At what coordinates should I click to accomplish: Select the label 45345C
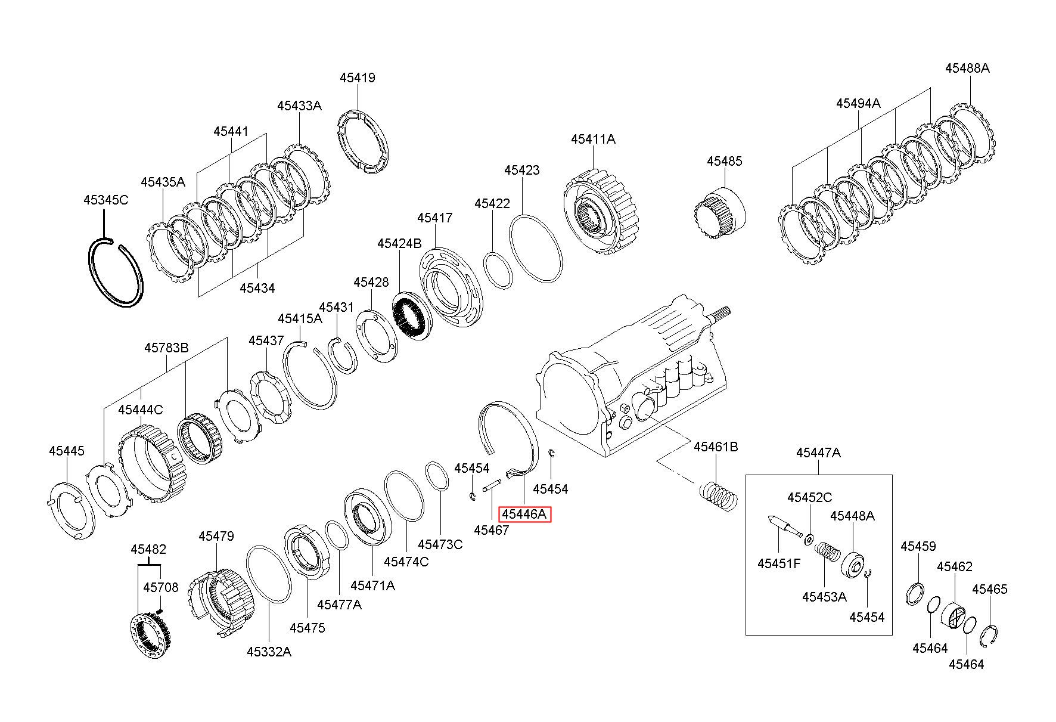click(105, 200)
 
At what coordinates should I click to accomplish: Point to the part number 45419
click(358, 78)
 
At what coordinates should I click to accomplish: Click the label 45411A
click(593, 139)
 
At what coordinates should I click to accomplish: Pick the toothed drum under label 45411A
click(600, 212)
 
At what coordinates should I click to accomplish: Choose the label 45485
click(725, 161)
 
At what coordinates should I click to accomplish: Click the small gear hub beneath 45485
click(720, 212)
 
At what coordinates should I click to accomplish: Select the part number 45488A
click(967, 68)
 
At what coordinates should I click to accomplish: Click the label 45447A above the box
click(818, 453)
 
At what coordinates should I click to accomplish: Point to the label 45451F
click(779, 563)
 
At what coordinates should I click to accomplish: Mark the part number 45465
click(990, 589)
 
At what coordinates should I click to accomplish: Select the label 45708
click(160, 587)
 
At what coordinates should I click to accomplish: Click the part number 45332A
click(269, 652)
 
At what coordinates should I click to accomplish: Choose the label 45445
click(67, 451)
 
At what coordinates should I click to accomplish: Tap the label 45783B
click(166, 348)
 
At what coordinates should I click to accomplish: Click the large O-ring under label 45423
click(537, 249)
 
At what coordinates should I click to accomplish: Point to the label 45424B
click(399, 244)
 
